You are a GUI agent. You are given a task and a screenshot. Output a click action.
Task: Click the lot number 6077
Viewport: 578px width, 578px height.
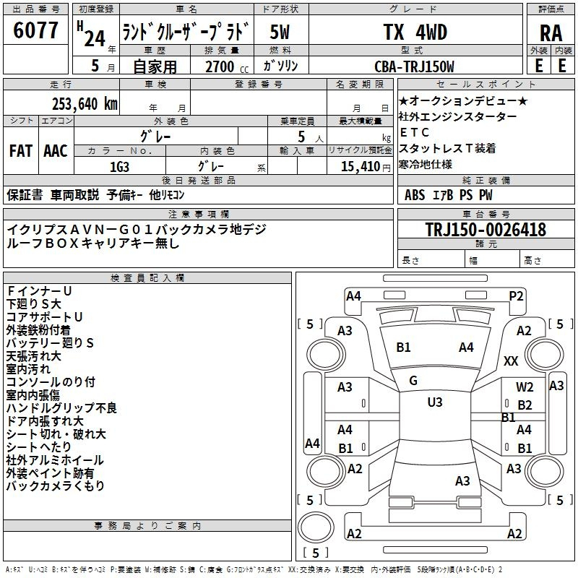35,30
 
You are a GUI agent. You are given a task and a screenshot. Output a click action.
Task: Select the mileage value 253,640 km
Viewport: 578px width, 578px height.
85,104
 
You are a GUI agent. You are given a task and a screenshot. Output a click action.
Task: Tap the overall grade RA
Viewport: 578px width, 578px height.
551,33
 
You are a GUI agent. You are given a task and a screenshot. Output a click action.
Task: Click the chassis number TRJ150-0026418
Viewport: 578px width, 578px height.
486,229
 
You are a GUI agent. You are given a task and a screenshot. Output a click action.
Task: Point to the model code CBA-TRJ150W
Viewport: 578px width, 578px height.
414,66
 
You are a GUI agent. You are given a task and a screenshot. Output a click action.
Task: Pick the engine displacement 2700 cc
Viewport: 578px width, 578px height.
227,66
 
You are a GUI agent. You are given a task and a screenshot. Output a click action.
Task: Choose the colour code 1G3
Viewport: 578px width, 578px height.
119,167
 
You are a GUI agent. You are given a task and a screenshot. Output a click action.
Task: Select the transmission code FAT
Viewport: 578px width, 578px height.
21,151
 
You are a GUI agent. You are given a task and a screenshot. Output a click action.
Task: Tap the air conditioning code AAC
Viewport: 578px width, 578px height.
56,151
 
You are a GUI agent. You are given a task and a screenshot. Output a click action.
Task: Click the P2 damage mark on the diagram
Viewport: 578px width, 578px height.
516,296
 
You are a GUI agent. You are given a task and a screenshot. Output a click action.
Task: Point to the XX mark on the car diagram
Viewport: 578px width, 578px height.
511,361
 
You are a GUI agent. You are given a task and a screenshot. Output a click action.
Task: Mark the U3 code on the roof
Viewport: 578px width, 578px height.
435,402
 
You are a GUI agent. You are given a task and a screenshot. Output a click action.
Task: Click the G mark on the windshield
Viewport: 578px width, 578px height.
413,381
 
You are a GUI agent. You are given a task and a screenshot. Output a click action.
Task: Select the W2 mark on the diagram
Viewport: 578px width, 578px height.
525,387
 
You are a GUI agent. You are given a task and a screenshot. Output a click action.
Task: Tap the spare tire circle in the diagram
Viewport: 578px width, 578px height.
316,527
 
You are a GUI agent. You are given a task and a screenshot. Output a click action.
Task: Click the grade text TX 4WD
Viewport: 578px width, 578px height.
415,32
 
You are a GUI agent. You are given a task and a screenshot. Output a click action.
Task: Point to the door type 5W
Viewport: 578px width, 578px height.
280,32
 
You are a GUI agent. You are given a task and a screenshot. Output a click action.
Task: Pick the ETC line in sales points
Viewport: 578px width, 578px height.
414,132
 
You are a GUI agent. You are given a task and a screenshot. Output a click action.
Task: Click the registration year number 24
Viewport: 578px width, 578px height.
95,38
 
